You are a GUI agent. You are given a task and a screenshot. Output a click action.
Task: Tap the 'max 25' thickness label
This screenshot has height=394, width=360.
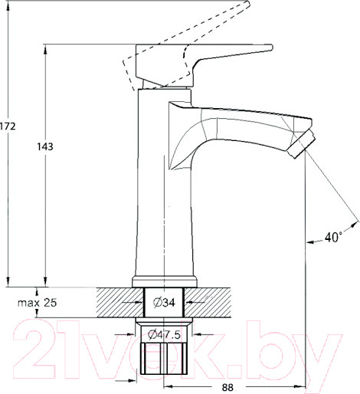pyautogui.click(x=38, y=303)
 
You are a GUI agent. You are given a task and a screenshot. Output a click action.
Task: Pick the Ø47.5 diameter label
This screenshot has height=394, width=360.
pyautogui.click(x=163, y=334)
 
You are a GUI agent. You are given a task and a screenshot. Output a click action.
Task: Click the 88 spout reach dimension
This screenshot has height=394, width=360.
pyautogui.click(x=227, y=388)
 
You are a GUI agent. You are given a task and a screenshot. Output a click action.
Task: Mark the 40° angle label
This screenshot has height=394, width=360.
pyautogui.click(x=332, y=238)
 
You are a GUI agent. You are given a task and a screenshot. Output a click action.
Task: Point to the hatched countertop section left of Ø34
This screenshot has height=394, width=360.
pyautogui.click(x=119, y=303)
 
